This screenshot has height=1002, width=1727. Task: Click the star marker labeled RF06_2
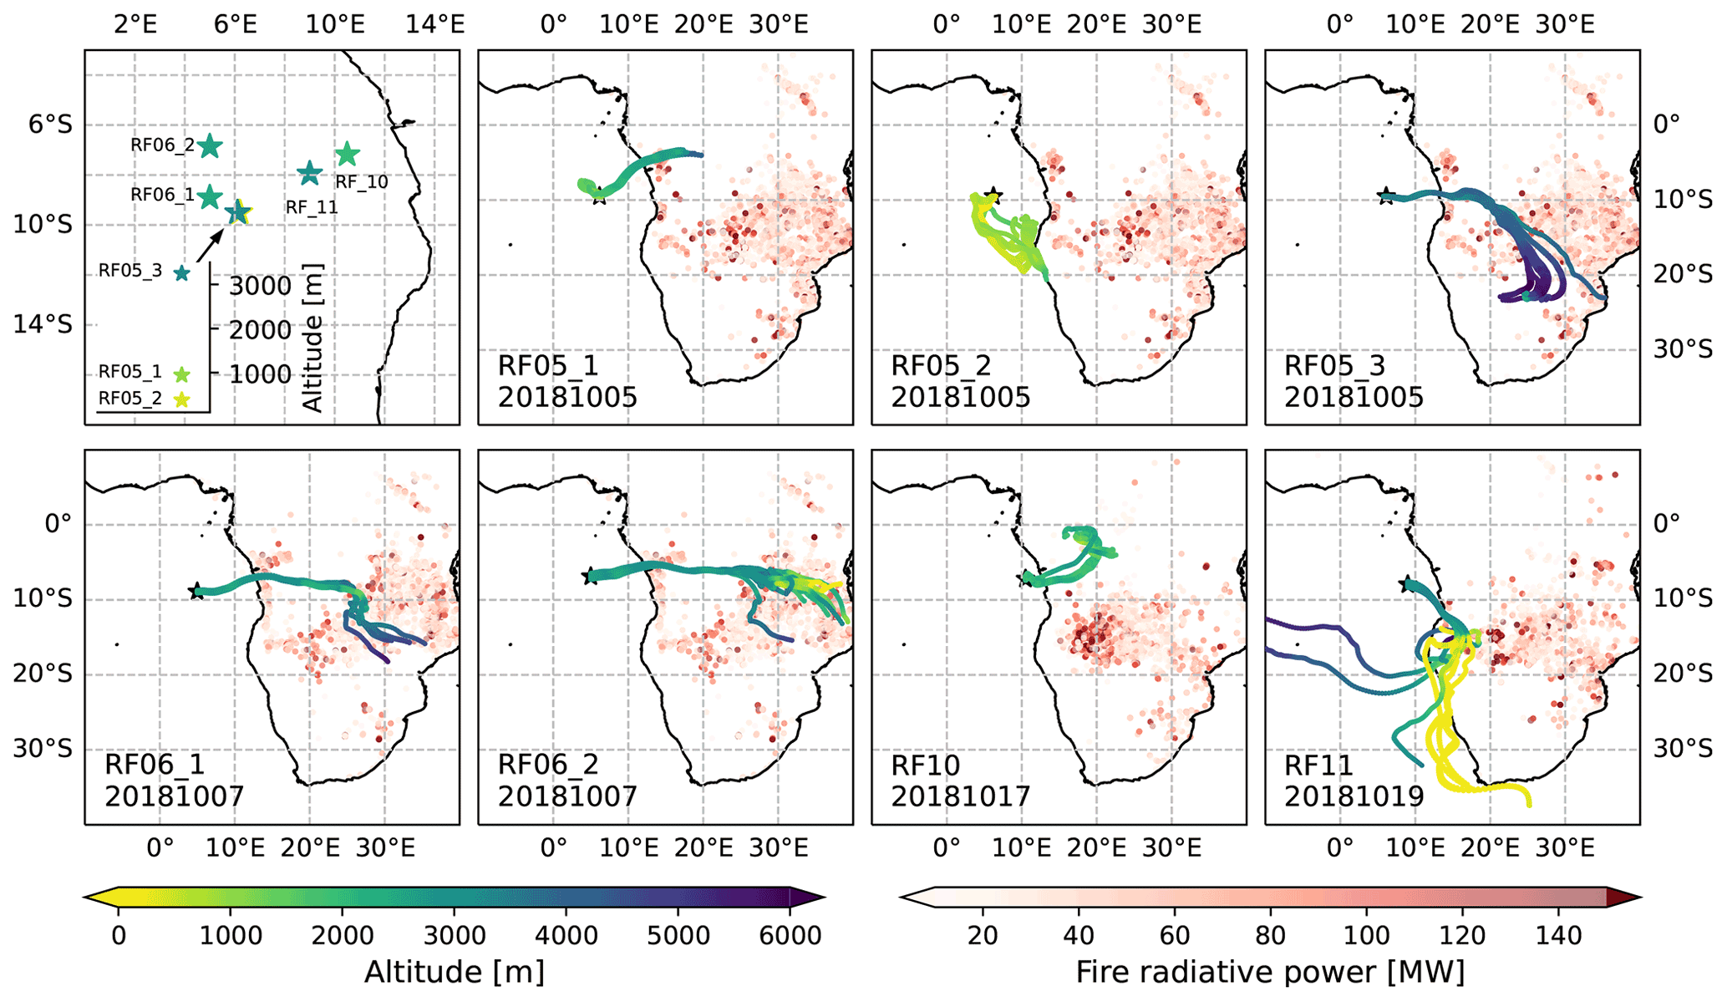tap(210, 146)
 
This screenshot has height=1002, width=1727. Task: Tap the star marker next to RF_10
tap(347, 154)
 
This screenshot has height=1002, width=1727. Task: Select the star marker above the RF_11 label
tap(310, 173)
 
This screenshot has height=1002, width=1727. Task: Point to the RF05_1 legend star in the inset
tap(181, 374)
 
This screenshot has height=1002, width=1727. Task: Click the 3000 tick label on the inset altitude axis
tap(260, 286)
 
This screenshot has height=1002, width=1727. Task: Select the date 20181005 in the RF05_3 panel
tap(1354, 397)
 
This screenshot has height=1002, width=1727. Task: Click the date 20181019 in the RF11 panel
tap(1354, 796)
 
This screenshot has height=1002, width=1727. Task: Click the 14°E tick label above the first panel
tap(434, 24)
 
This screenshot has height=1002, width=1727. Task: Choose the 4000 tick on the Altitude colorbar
tap(566, 935)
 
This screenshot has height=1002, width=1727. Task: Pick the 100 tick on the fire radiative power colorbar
tap(1367, 935)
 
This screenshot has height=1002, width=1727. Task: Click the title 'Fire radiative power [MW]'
tap(1270, 972)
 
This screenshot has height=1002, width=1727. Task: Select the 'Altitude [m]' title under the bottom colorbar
tap(455, 972)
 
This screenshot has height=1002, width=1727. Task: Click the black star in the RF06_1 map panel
tap(196, 591)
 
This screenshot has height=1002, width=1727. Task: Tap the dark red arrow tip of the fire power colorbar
tap(1624, 898)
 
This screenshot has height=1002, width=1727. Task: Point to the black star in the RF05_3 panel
tap(1386, 197)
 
